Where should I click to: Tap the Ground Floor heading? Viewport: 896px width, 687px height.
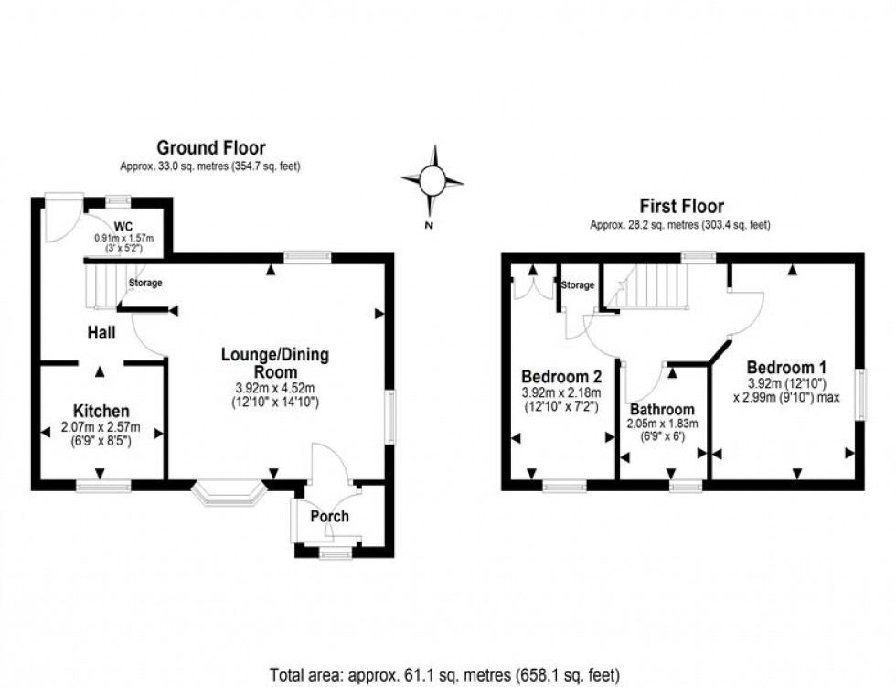point(211,147)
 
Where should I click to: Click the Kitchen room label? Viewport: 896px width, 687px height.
point(101,412)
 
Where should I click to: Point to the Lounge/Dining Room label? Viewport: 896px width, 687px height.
point(275,363)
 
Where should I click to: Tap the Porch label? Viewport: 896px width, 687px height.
point(329,516)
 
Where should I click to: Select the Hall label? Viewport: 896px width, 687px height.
point(101,334)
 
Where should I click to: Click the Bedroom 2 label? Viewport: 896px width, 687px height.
point(561,376)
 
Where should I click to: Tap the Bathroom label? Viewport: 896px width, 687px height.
point(662,409)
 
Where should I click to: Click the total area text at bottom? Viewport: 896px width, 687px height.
point(447,674)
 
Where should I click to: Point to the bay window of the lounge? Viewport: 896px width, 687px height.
point(229,495)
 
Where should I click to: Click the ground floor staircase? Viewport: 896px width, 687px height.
point(102,284)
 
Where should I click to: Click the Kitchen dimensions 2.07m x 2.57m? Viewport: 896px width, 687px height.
point(101,427)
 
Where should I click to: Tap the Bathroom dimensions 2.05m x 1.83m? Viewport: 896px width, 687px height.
point(662,424)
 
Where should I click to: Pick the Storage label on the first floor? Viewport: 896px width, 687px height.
point(578,285)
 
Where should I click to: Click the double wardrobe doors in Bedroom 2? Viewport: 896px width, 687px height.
point(532,285)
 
